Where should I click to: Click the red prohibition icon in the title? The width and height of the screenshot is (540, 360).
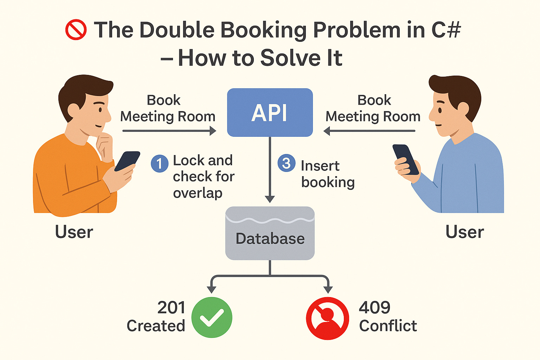tap(76, 30)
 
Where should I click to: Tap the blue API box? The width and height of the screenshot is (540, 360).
tap(270, 112)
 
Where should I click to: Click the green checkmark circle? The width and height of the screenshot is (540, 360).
tap(212, 317)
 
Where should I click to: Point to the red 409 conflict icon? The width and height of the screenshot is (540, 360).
tap(327, 318)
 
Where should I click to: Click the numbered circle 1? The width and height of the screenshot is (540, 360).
tap(159, 163)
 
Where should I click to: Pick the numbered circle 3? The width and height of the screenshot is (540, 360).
tap(287, 163)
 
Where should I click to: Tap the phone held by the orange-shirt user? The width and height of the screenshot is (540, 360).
tap(127, 161)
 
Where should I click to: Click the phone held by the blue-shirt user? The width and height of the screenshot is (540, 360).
tap(405, 159)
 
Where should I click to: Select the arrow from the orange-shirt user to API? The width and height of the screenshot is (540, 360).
tap(169, 131)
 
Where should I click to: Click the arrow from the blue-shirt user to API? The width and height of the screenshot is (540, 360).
tap(369, 131)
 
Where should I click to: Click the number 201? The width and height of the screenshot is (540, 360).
tap(171, 308)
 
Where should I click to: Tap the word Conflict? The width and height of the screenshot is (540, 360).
tap(388, 326)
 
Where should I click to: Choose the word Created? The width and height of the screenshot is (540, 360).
tap(156, 326)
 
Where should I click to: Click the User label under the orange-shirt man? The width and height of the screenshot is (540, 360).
tap(74, 232)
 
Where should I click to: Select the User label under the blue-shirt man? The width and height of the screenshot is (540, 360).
tap(465, 232)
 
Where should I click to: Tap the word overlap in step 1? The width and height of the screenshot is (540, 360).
tap(198, 193)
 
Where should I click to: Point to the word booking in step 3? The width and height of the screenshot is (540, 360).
tap(328, 182)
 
